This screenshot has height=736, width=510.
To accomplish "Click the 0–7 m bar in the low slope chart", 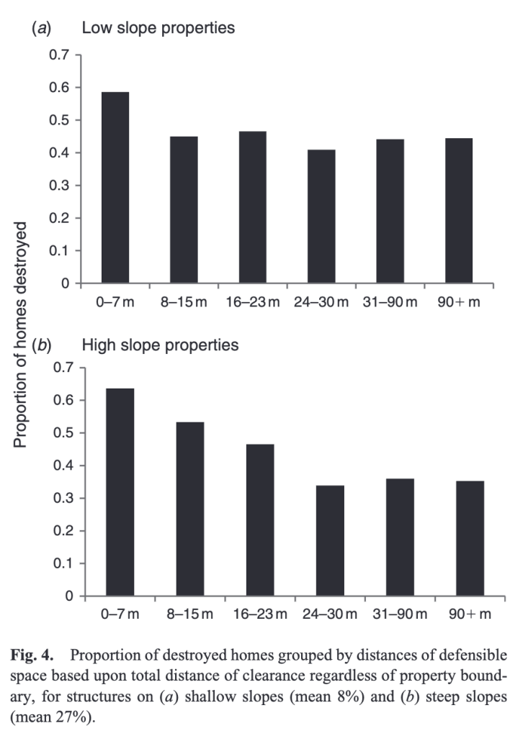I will tap(115, 188).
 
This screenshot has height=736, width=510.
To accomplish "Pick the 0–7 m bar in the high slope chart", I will tap(120, 492).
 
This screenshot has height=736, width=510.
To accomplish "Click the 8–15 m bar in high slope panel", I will tap(190, 509).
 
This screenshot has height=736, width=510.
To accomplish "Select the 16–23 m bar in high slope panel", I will tap(259, 520).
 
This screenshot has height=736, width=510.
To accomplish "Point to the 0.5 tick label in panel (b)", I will tap(65, 433).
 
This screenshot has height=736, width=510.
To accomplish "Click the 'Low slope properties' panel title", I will tap(158, 29).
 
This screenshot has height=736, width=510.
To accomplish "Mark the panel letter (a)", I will tap(38, 29).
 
